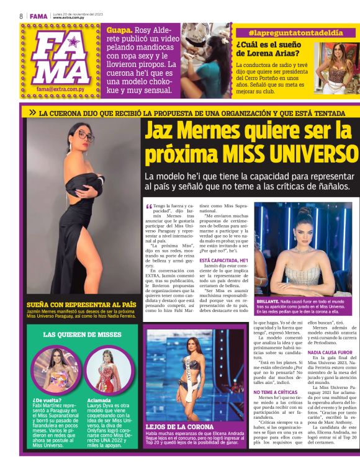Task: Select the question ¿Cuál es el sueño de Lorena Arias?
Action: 273,48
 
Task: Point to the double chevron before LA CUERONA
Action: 31,112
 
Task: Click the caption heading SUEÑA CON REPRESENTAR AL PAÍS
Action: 81,305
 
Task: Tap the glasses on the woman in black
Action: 85,136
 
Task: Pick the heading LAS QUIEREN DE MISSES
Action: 83,334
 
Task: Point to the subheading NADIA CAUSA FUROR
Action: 331,352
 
